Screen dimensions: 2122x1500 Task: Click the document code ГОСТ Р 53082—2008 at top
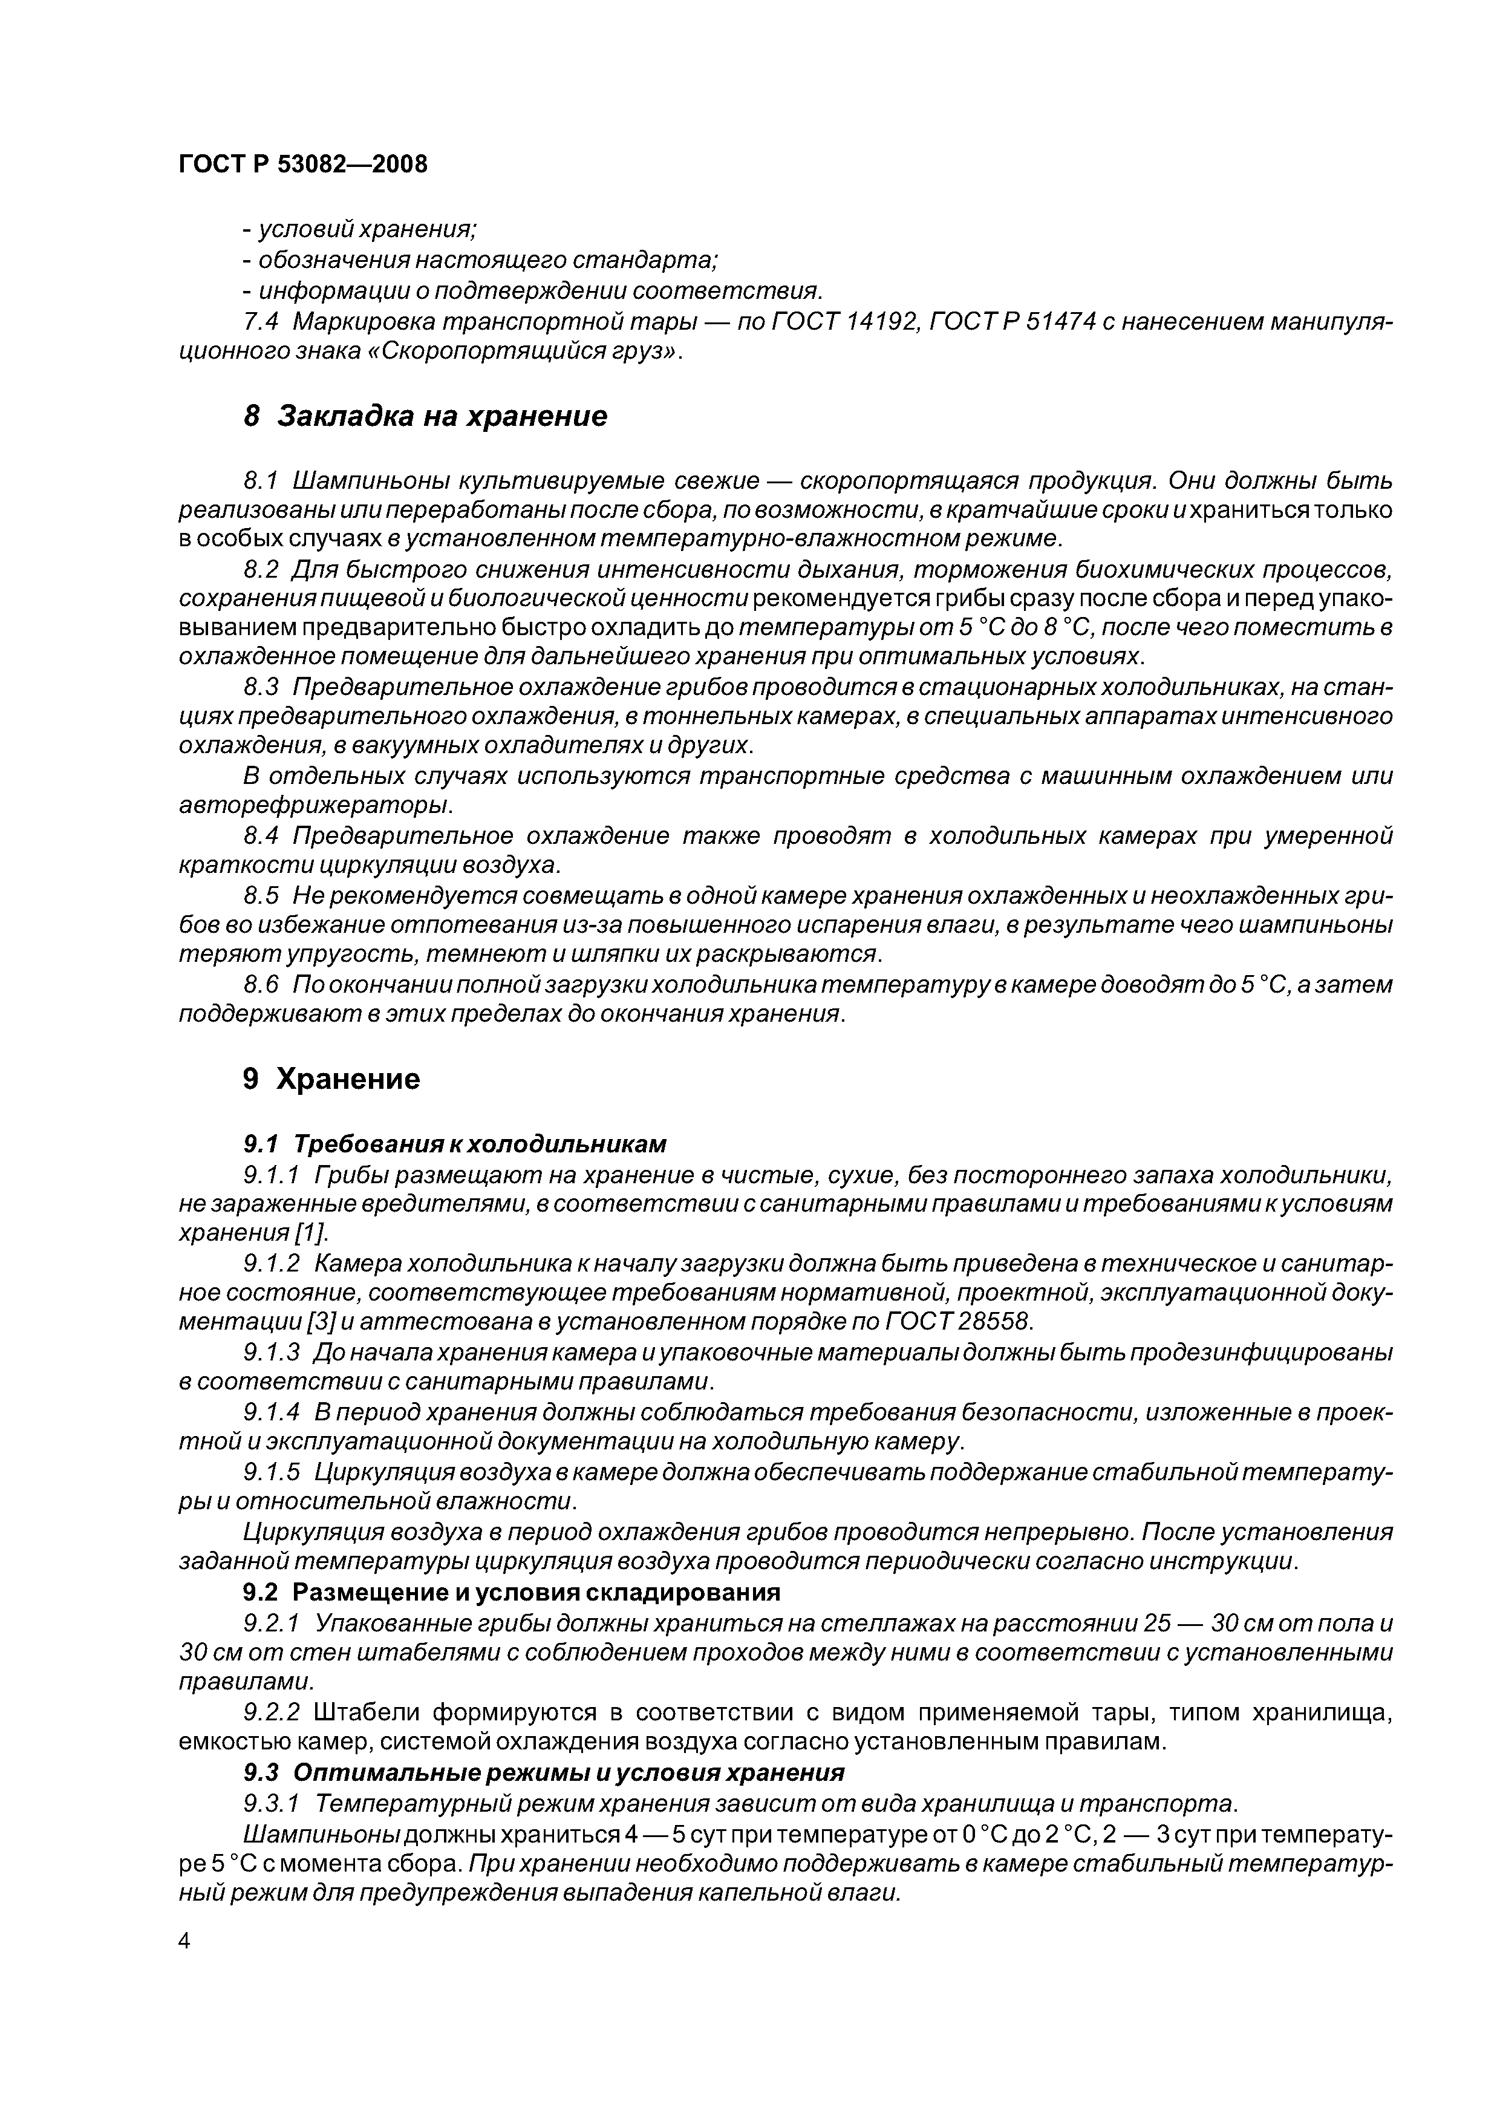[x=302, y=165]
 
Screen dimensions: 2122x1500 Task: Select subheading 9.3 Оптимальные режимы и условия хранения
[x=543, y=1772]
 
